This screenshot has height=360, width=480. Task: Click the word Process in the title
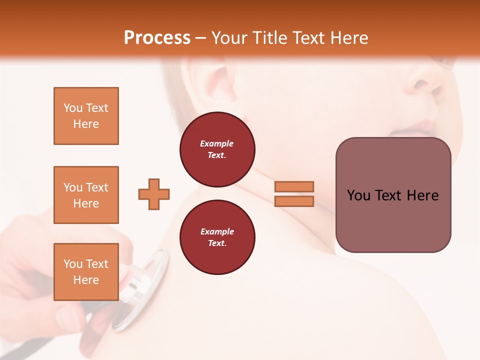(157, 38)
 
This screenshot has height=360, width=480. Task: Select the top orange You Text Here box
(86, 116)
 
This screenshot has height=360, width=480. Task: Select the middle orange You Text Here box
(86, 195)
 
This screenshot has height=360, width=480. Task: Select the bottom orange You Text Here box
(86, 271)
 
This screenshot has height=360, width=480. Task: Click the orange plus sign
(154, 194)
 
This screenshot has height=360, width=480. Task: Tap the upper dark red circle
(217, 149)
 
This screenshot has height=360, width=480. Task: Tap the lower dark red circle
(217, 237)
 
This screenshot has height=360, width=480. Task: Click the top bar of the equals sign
(294, 186)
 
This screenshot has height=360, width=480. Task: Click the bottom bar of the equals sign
(294, 201)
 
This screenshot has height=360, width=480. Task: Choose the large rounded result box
(393, 195)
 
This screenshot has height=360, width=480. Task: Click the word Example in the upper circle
(217, 143)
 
